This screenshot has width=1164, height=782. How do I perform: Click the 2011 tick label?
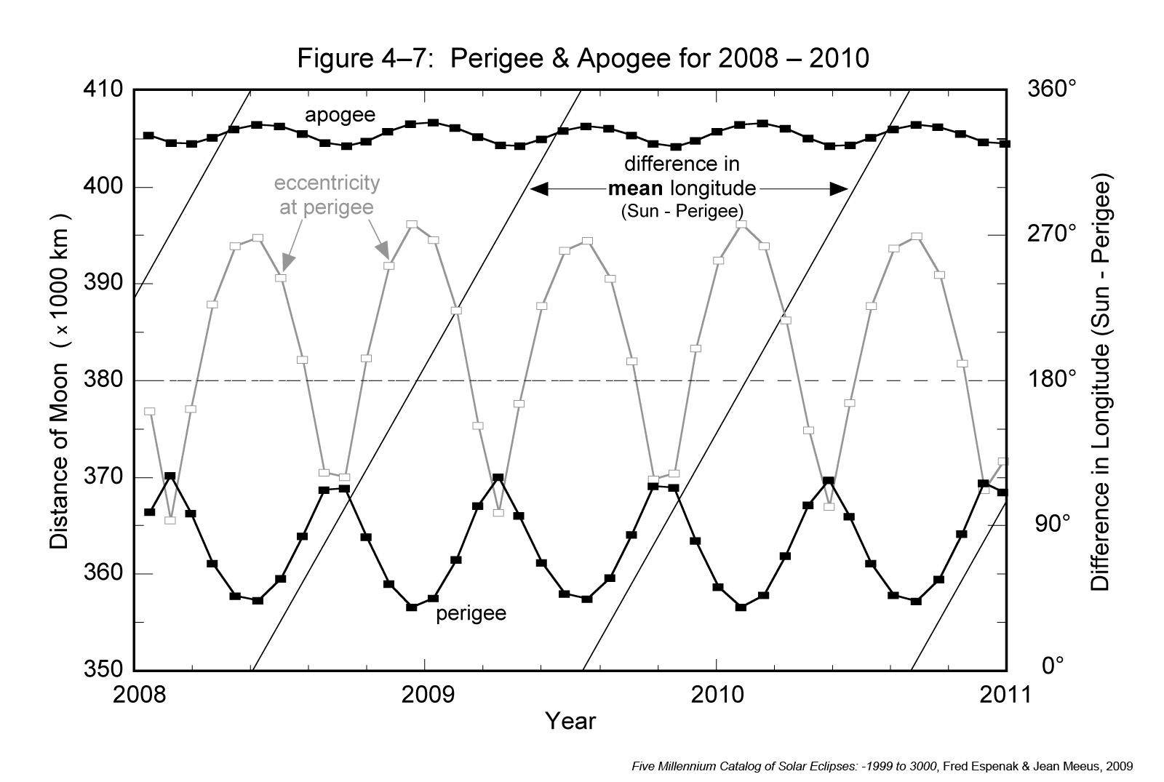[1006, 694]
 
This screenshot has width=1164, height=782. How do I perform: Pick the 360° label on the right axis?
[1052, 90]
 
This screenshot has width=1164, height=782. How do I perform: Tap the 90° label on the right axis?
[1052, 523]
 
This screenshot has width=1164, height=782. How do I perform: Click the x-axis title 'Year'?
[570, 721]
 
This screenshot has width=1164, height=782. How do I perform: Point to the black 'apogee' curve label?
[340, 115]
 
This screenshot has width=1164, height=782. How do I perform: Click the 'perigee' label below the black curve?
[471, 614]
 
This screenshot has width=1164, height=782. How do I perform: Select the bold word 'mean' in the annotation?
[635, 189]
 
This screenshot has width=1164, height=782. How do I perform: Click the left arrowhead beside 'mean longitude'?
[539, 189]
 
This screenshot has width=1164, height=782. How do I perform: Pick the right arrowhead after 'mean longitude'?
[840, 189]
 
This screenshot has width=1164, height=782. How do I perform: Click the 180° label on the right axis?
[1052, 380]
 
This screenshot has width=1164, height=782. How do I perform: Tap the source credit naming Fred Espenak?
[882, 765]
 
